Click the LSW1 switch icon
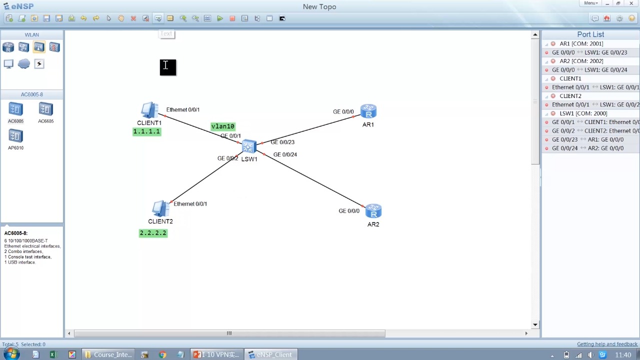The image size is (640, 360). coord(249,146)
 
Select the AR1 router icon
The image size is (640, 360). coord(368,111)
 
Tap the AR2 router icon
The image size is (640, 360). coord(373,210)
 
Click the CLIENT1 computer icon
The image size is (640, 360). coord(149,110)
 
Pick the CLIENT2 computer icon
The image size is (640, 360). coord(160,208)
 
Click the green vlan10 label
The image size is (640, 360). coord(222,126)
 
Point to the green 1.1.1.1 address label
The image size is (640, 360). coord(146,131)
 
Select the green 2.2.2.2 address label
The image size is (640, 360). coord(153,233)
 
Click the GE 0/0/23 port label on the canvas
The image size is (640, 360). coord(282,142)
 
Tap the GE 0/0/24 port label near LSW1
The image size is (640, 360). coord(285,154)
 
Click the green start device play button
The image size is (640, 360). coord(220,18)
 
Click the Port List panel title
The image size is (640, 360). coord(590,34)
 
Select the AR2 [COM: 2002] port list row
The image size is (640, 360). coord(581,61)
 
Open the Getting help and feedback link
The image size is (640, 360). coord(607,344)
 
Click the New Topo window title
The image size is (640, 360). coord(319,6)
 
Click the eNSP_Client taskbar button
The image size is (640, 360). coord(270,354)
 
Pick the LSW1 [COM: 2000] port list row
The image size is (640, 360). coord(583,113)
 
